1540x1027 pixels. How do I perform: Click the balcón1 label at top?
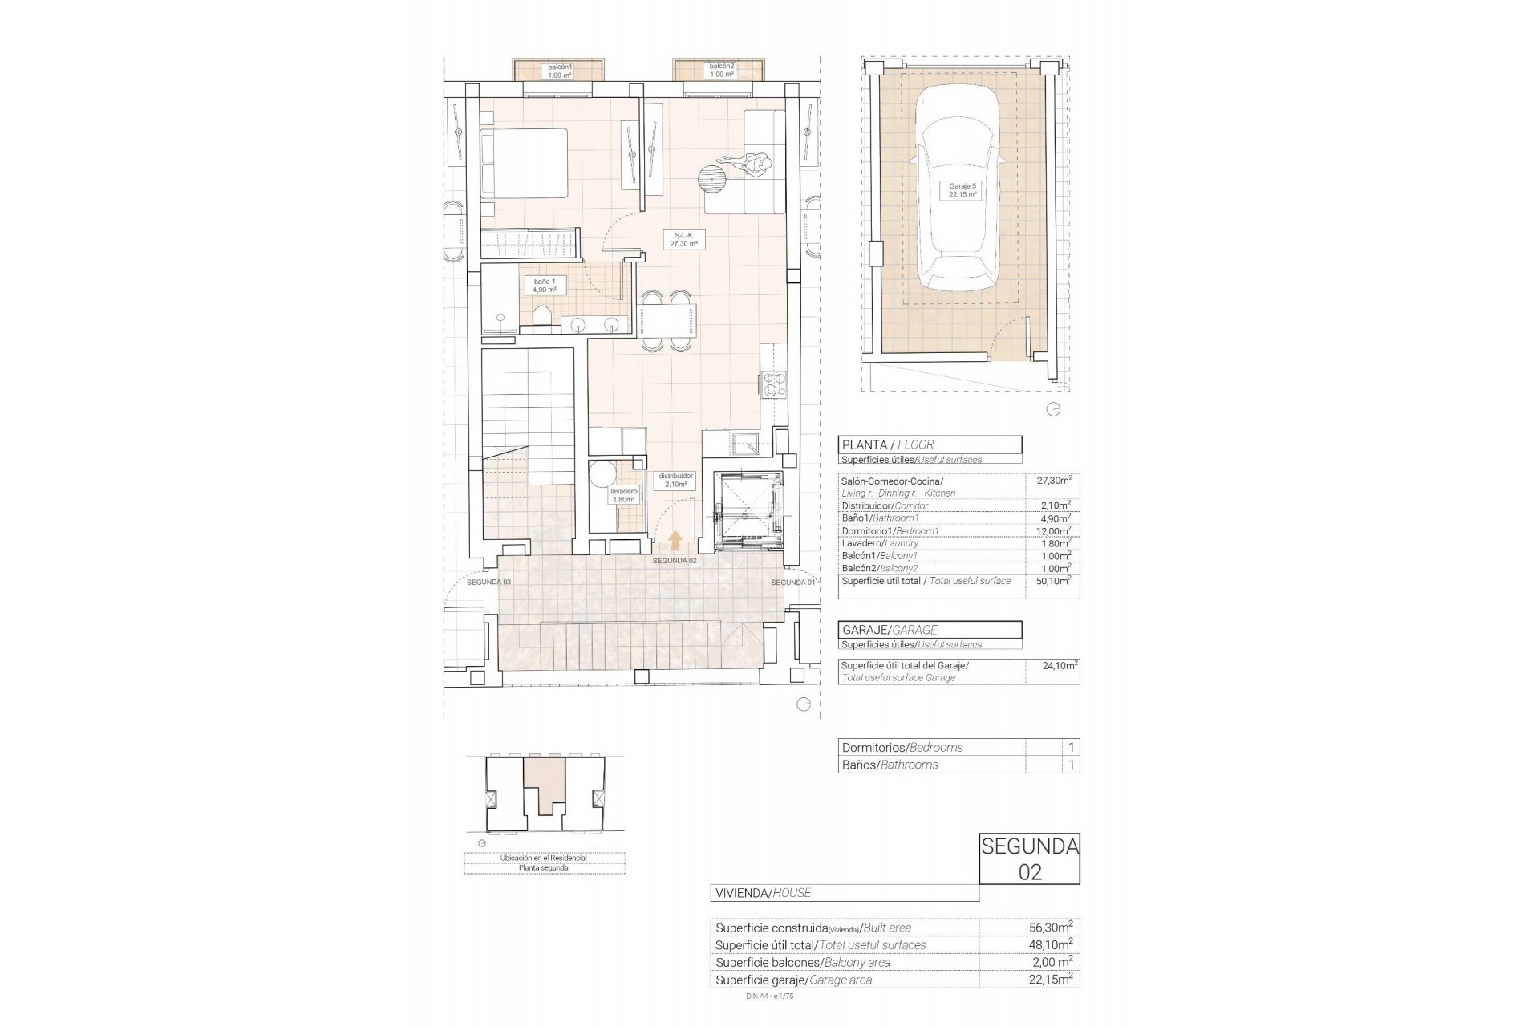[559, 71]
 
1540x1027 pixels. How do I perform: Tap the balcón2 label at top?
[721, 71]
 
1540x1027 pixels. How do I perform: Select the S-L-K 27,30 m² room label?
[683, 239]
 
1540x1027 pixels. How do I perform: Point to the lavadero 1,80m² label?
[623, 495]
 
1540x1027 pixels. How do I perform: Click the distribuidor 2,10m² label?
[675, 480]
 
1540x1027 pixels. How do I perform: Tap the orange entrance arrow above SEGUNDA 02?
[675, 539]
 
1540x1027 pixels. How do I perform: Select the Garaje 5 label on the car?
[962, 190]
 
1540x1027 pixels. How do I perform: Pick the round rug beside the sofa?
[711, 180]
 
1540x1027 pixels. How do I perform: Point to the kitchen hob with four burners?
[774, 385]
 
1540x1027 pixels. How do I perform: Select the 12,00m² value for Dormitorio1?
[1052, 531]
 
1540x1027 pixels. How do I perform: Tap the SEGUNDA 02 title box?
[1029, 859]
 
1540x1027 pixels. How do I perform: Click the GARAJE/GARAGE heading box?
[930, 630]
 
